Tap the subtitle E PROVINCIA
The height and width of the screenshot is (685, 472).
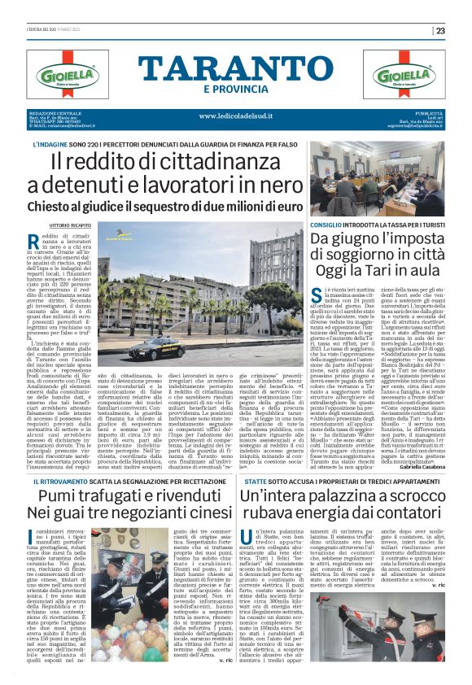tap(237, 88)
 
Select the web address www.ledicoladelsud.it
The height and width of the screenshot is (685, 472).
tap(236, 116)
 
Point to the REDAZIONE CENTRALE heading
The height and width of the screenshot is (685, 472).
tap(55, 112)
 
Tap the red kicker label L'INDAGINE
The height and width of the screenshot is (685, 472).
tap(50, 144)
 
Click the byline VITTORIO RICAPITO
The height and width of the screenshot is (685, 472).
tap(71, 224)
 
